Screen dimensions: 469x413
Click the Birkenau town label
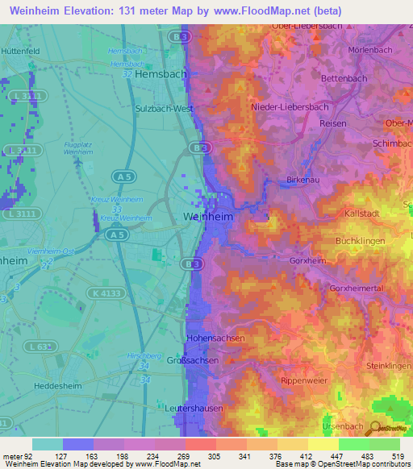[x=303, y=180]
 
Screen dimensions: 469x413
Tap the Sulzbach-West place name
[x=167, y=106]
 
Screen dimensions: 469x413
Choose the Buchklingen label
[x=359, y=241]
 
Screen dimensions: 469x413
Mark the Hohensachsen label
[x=215, y=338]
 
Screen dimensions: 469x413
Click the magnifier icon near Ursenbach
[x=375, y=428]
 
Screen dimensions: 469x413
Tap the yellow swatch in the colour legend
[x=323, y=444]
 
